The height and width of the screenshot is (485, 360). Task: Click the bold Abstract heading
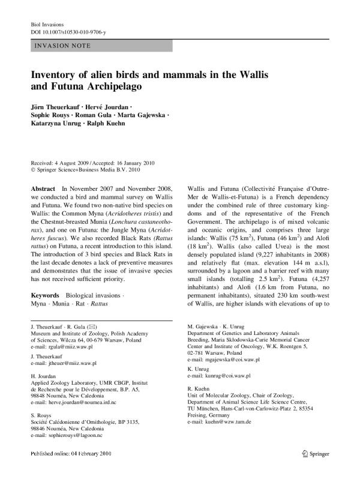[x=43, y=188]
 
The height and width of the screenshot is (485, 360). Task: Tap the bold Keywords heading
[x=45, y=296]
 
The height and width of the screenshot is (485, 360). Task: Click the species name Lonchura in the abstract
[x=133, y=219]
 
